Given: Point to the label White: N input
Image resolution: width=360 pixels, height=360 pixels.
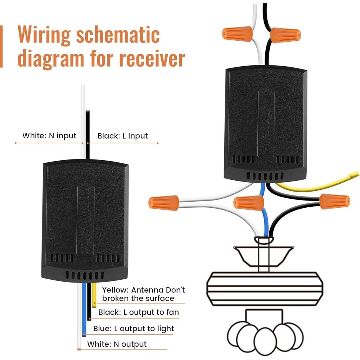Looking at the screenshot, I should [x=49, y=136].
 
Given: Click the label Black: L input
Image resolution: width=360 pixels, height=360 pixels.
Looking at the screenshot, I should [x=123, y=136].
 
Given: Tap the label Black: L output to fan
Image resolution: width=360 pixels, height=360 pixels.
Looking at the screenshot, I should [x=139, y=312].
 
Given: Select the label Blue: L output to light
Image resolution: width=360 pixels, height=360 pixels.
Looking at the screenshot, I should [x=134, y=328].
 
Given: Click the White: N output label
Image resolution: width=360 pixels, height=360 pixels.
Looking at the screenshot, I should [x=117, y=344].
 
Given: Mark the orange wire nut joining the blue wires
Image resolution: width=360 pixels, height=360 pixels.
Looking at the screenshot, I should [x=248, y=202].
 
